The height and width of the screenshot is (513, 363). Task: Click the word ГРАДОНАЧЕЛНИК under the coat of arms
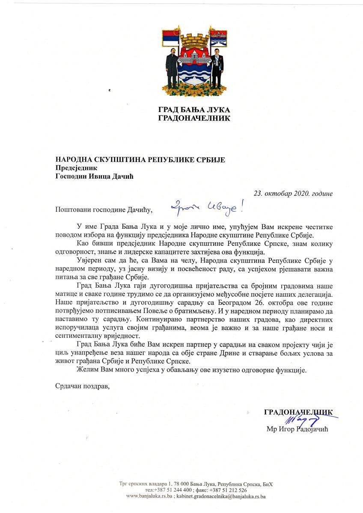click(x=194, y=118)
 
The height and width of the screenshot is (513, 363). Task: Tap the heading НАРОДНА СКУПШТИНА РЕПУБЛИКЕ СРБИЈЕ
click(x=140, y=160)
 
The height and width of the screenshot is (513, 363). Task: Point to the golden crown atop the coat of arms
click(x=194, y=41)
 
